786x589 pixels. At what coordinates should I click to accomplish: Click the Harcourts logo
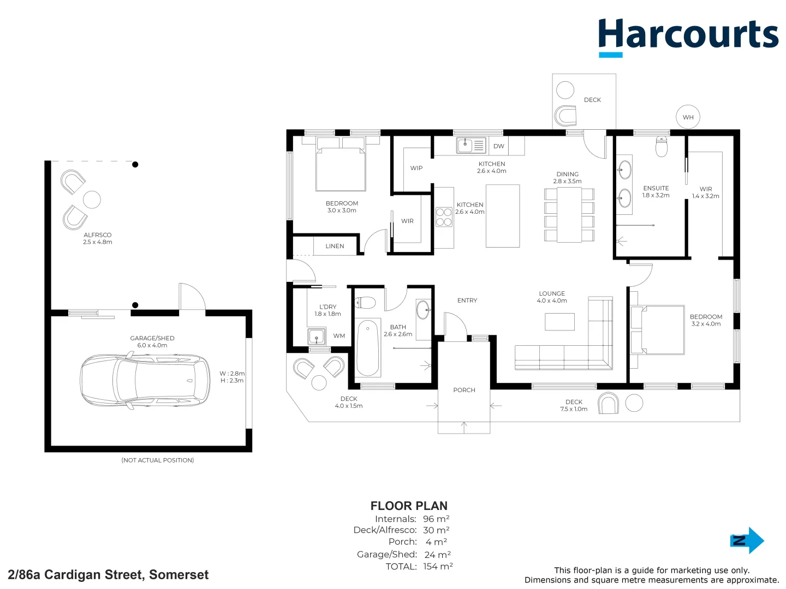688,36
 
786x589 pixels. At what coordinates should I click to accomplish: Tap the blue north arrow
747,540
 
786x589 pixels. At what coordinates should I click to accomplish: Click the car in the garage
145,380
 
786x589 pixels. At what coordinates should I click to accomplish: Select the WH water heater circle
688,117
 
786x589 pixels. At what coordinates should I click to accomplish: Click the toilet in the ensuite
662,146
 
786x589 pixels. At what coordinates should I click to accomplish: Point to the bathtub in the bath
368,348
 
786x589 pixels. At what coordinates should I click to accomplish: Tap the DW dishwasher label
499,146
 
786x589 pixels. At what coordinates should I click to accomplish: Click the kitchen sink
465,146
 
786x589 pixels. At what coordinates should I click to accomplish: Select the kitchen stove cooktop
444,217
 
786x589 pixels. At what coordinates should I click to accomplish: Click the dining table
569,215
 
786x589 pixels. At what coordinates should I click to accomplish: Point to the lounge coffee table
559,322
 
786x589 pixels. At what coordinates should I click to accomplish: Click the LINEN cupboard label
335,246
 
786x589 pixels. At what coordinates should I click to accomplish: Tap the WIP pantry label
416,168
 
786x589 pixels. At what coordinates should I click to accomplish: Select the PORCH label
464,390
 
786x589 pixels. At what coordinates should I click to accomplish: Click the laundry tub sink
317,336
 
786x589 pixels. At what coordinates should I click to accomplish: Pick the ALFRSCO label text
97,235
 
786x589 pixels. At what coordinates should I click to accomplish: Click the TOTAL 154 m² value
438,566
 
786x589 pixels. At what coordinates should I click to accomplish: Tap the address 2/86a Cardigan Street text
108,575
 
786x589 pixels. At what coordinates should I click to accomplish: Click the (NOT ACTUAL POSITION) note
157,460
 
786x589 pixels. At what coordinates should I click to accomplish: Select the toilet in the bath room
365,303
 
